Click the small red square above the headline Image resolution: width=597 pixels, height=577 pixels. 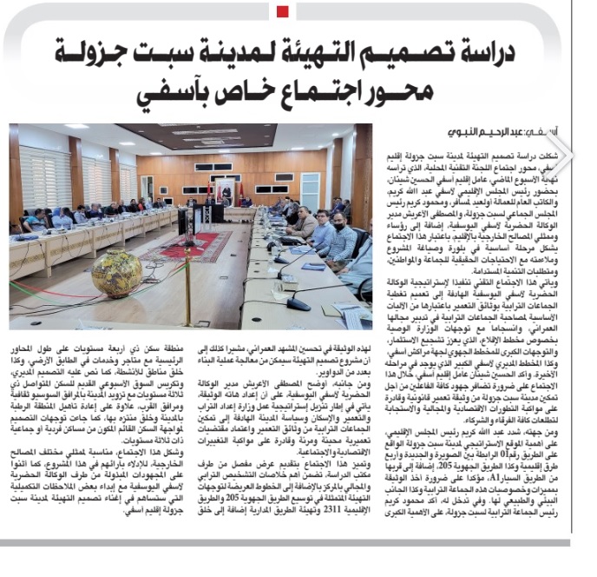point(282,10)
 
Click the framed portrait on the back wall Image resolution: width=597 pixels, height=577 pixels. point(228,184)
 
